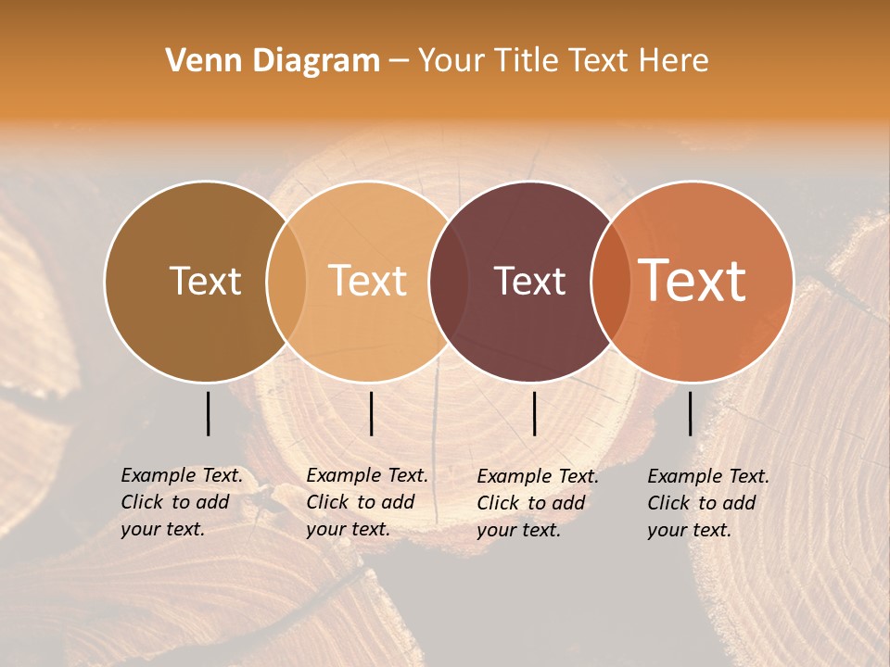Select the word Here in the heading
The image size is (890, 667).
(x=673, y=61)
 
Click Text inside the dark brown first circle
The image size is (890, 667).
(x=205, y=281)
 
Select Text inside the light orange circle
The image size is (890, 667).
(x=368, y=281)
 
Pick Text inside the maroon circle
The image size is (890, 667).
(x=530, y=281)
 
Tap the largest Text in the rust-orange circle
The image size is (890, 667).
(x=693, y=280)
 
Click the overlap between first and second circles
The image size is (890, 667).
(x=286, y=281)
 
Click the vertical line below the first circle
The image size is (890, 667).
(x=208, y=413)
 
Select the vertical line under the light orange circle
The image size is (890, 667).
(x=371, y=413)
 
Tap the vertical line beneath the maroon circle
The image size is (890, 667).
(x=534, y=413)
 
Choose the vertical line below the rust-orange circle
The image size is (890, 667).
(x=690, y=413)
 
